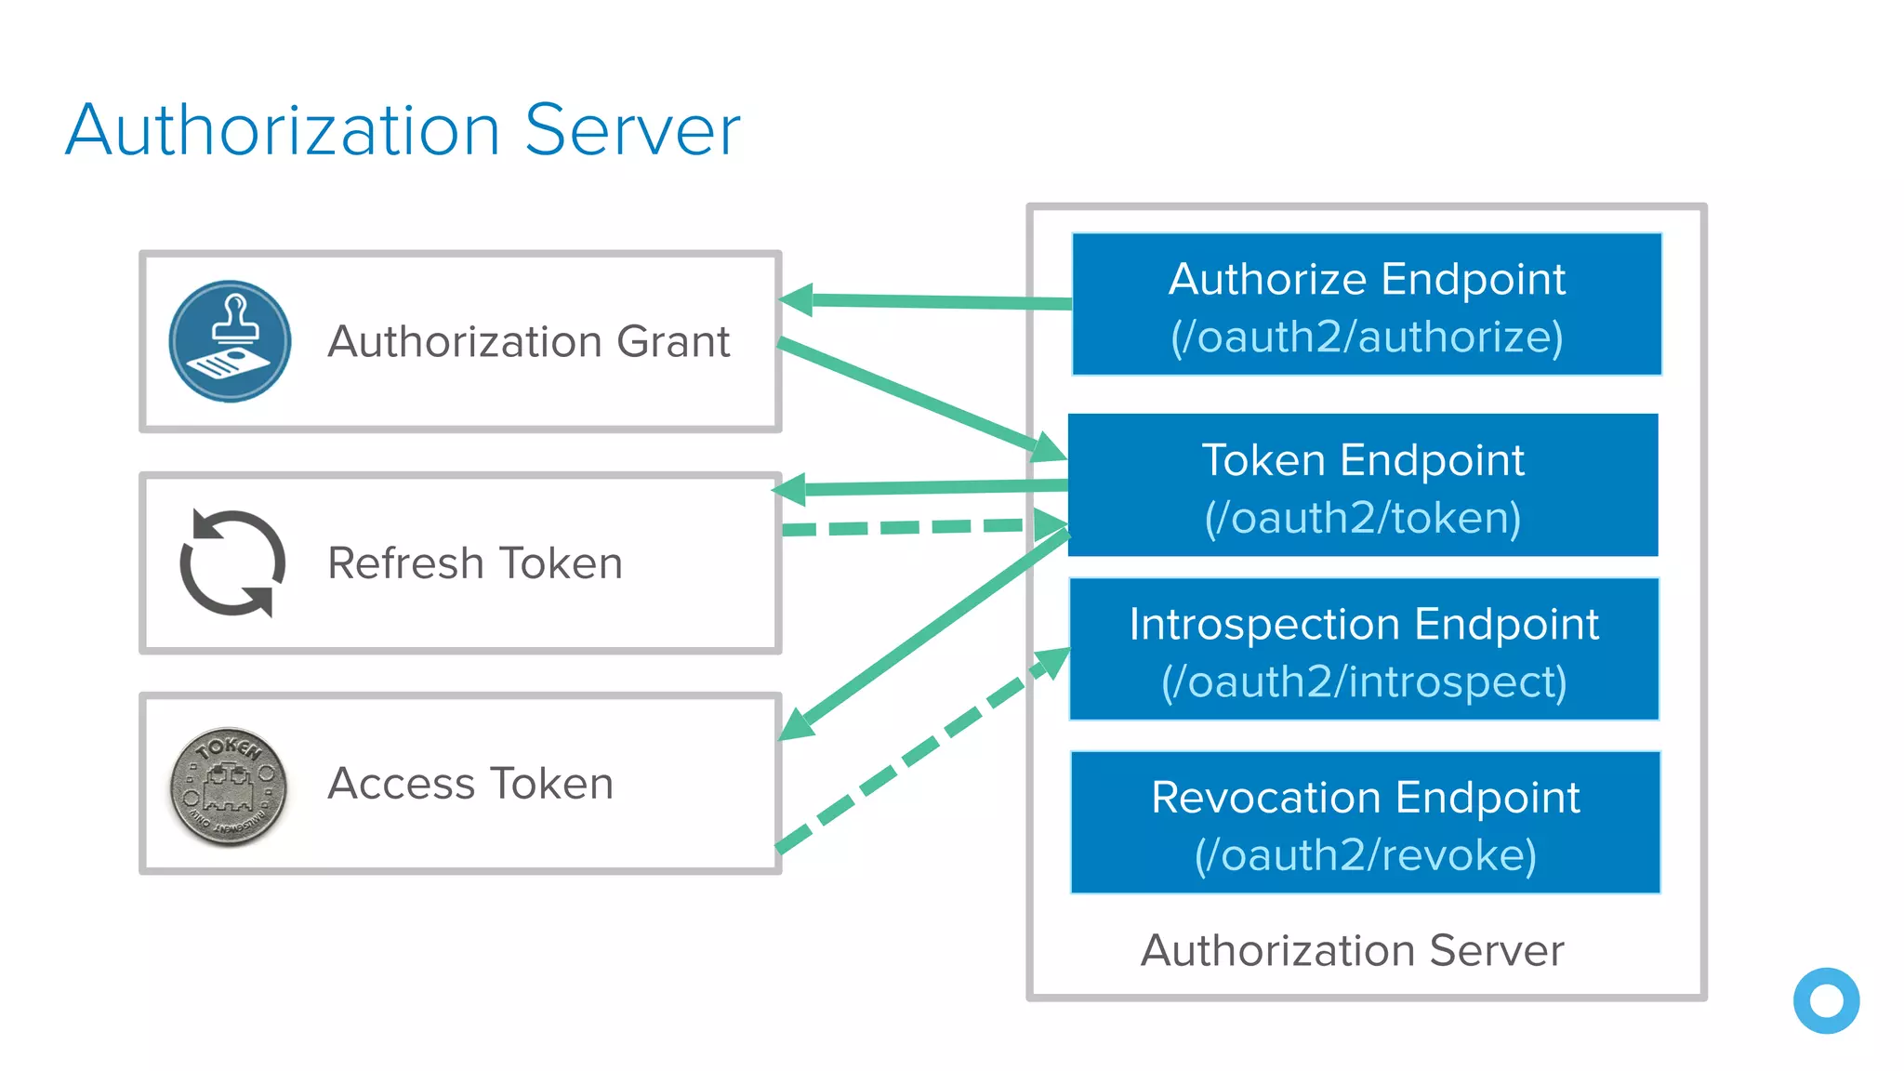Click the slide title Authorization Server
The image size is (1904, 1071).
403,130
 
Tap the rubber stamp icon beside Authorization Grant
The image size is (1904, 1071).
230,341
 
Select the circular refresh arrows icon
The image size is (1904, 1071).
231,562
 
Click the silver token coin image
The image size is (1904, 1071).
229,787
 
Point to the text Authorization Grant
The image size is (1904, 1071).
528,341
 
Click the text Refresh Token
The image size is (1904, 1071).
474,563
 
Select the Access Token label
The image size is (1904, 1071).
470,784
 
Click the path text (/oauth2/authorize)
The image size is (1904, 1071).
1367,337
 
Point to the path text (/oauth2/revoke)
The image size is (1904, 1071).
1365,855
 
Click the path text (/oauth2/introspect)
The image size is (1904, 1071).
1364,682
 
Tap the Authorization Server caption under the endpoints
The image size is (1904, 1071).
1352,950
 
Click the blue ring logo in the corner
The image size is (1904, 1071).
1826,1001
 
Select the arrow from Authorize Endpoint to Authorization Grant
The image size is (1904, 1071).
930,301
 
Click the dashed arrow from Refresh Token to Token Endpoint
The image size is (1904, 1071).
911,527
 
